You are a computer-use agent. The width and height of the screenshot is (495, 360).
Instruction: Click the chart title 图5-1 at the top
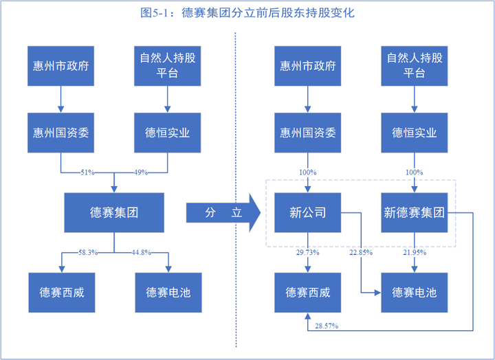(x=247, y=13)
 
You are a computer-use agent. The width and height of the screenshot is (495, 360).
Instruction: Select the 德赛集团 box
(x=114, y=213)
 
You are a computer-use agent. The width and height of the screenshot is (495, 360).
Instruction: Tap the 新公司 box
(x=307, y=213)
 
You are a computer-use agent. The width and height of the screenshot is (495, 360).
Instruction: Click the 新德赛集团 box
(x=415, y=213)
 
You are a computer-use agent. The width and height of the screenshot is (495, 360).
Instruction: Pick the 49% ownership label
(x=140, y=172)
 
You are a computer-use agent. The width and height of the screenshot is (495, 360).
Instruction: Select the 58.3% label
(x=87, y=252)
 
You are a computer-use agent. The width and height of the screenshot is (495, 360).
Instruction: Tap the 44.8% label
(x=141, y=252)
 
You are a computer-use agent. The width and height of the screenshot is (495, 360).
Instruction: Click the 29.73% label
(x=307, y=253)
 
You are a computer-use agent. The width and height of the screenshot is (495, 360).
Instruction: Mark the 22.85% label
(x=360, y=253)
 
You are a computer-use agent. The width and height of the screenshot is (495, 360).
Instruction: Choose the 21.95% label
(x=415, y=253)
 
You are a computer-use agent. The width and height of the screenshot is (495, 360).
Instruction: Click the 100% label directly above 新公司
(x=307, y=172)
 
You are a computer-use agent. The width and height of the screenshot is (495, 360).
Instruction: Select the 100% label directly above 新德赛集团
(x=415, y=172)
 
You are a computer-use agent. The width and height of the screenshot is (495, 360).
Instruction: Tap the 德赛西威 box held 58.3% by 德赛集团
(x=61, y=292)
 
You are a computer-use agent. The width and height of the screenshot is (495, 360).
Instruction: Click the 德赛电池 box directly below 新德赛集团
(x=415, y=292)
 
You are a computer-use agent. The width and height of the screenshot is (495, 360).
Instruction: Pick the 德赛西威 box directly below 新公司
(x=307, y=292)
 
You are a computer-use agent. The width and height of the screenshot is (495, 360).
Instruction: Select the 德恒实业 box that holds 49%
(x=168, y=133)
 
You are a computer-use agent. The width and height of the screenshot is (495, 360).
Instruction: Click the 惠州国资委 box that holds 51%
(x=61, y=133)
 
